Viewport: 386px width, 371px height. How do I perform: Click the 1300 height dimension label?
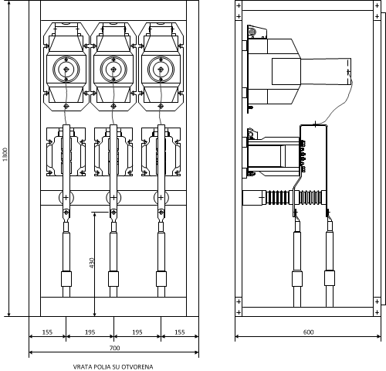5,155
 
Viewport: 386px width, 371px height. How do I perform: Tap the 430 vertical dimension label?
92,263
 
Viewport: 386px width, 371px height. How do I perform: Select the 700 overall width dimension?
115,348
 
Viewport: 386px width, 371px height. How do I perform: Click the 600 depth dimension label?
308,332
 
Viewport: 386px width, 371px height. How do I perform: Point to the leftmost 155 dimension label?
47,332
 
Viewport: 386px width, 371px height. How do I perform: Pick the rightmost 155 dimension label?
180,332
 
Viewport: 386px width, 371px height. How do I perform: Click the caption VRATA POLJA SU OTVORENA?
113,366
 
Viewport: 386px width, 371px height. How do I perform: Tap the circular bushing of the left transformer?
66,69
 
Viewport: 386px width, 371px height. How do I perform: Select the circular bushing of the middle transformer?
113,69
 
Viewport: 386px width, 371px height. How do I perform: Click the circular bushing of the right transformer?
161,69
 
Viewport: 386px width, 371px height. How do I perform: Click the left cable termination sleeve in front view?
66,279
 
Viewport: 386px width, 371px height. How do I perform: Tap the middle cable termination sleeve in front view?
113,279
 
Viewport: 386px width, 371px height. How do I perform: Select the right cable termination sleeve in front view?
161,279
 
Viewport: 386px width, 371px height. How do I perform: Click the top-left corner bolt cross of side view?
239,5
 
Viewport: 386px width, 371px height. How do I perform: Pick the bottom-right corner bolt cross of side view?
377,312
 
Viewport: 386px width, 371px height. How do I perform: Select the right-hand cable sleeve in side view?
330,277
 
